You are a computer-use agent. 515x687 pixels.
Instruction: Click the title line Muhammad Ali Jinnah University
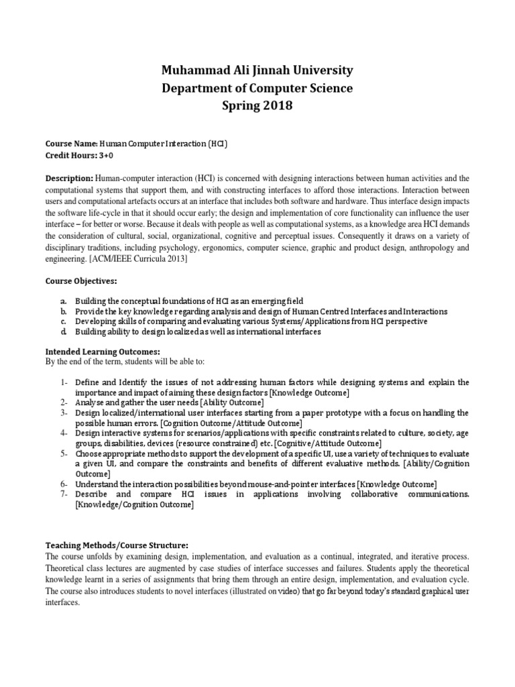tap(257, 70)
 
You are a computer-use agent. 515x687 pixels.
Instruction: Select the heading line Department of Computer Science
tap(257, 88)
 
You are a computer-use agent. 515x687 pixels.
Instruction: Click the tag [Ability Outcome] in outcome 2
tap(227, 402)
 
